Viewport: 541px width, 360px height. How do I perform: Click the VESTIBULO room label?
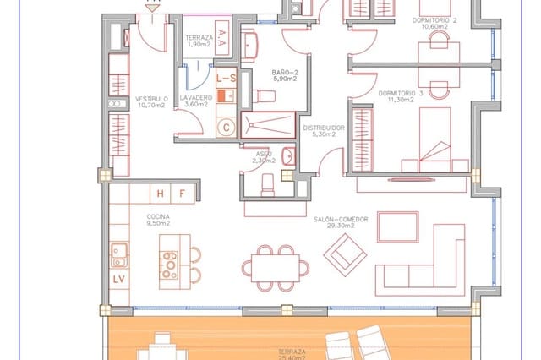(153, 99)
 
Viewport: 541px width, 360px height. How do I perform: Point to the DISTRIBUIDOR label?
(320, 128)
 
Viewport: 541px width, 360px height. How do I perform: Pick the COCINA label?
(158, 217)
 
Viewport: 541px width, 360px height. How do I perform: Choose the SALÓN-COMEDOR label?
(341, 219)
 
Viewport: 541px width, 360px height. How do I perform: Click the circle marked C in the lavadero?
(226, 128)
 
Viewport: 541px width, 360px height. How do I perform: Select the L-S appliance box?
(226, 79)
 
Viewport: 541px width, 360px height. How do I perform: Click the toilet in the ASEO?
(266, 183)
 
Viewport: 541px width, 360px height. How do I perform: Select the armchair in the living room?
(344, 249)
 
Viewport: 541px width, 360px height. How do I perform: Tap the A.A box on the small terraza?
(220, 35)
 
